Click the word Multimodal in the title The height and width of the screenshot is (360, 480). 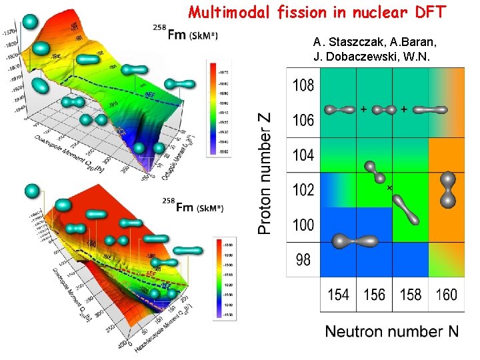[x=227, y=11]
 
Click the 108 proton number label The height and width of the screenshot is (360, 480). [x=303, y=85]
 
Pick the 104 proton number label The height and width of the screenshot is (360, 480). [x=303, y=155]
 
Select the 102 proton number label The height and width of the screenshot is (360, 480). [x=303, y=190]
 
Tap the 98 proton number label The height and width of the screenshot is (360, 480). [x=303, y=259]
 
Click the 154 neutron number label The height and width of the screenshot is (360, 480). [x=339, y=294]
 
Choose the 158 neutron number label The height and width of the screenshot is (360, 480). [x=410, y=294]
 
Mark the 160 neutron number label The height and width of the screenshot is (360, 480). [x=446, y=294]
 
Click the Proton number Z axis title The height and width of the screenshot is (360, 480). [x=265, y=173]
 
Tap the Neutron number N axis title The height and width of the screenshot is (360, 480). [x=391, y=331]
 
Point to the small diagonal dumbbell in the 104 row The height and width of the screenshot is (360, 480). [x=375, y=172]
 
